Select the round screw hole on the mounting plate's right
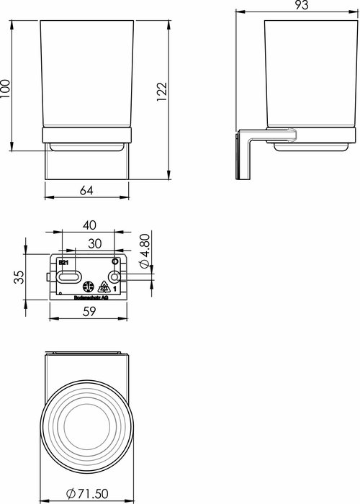click(114, 277)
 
